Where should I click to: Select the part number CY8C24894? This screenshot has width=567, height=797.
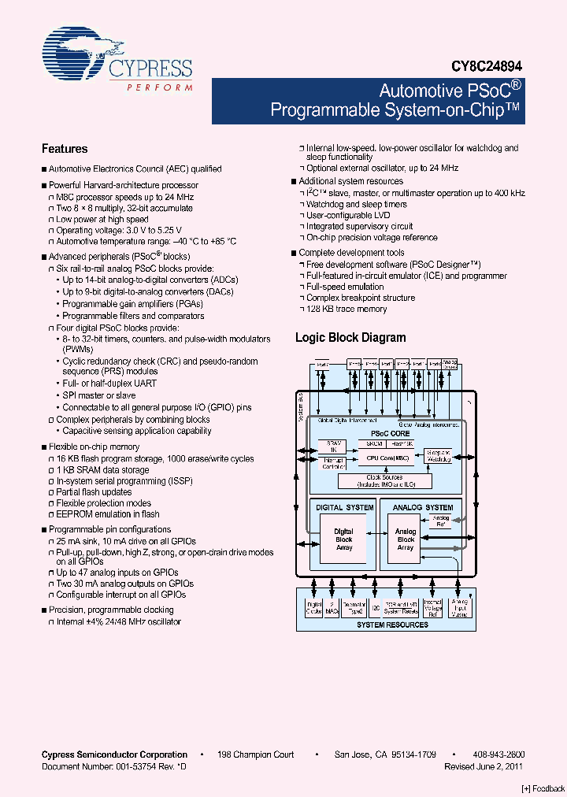(x=486, y=69)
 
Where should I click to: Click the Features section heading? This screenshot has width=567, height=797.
(x=65, y=149)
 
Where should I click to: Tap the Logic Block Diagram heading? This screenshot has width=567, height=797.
(x=350, y=338)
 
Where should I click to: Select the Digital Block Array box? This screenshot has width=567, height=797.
(x=344, y=539)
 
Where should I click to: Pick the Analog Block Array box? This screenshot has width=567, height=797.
(x=406, y=539)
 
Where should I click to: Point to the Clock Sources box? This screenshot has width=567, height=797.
(x=384, y=480)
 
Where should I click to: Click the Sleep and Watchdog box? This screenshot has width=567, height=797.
(x=438, y=456)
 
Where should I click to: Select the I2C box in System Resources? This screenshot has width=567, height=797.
(x=375, y=608)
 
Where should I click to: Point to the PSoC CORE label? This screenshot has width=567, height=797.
(x=391, y=434)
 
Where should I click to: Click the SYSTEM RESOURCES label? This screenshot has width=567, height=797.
(x=392, y=625)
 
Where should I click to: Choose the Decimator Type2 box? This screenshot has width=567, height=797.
(x=354, y=607)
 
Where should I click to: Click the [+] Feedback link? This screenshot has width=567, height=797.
(x=543, y=788)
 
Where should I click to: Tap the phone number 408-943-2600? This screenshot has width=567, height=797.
(x=499, y=754)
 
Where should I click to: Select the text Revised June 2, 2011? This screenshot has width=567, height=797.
(x=484, y=765)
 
